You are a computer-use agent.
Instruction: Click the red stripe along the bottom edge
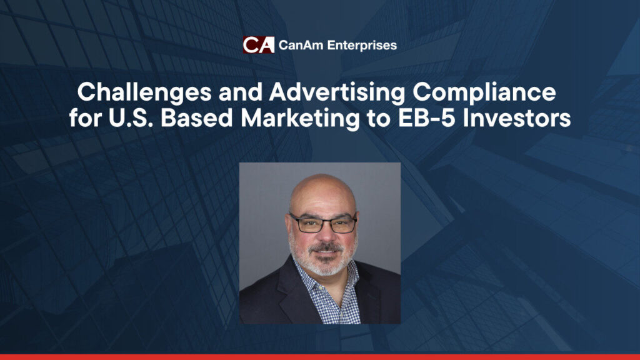[x=320, y=357]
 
